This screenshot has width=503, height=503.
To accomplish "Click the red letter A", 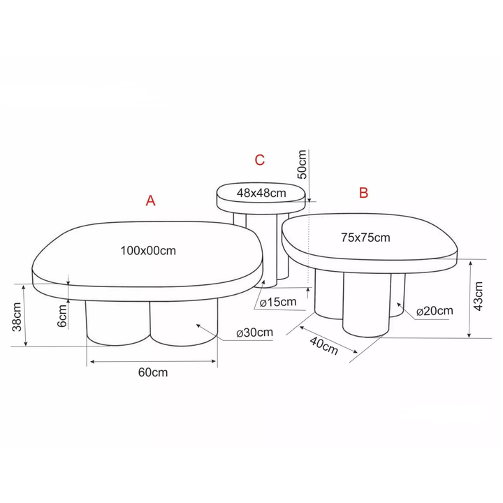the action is click(x=150, y=201).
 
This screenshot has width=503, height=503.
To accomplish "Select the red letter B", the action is click(x=363, y=193).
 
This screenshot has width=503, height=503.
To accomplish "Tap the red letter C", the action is click(x=259, y=160).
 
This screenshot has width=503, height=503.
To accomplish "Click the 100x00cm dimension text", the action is click(x=148, y=251).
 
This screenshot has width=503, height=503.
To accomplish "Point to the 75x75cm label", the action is click(x=365, y=238).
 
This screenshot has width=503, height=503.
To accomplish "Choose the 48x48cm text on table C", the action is click(x=261, y=193).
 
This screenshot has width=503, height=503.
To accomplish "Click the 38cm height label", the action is click(x=17, y=316).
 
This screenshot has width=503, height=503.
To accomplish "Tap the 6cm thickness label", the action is click(x=62, y=316).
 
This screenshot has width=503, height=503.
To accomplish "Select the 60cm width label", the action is click(x=153, y=372).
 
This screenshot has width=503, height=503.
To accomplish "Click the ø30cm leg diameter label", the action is click(x=255, y=333).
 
